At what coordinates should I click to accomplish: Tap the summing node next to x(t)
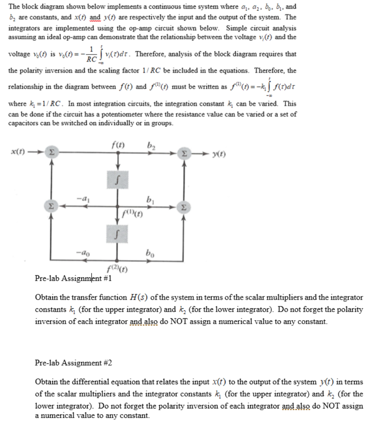pyautogui.click(x=51, y=153)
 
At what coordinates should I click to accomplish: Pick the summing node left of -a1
pyautogui.click(x=51, y=205)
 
